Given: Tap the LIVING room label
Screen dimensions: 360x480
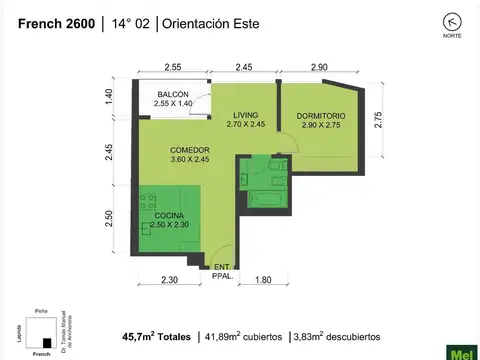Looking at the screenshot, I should pyautogui.click(x=245, y=119).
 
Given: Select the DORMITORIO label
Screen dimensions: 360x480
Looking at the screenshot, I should pyautogui.click(x=322, y=119).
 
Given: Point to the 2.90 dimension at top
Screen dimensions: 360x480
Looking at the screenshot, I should pyautogui.click(x=318, y=66).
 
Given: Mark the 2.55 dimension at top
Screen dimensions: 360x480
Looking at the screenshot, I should pyautogui.click(x=171, y=66).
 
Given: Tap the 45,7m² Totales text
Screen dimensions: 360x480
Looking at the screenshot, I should pyautogui.click(x=157, y=337).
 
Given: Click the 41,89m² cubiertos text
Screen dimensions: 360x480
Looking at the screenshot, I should pyautogui.click(x=243, y=337).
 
